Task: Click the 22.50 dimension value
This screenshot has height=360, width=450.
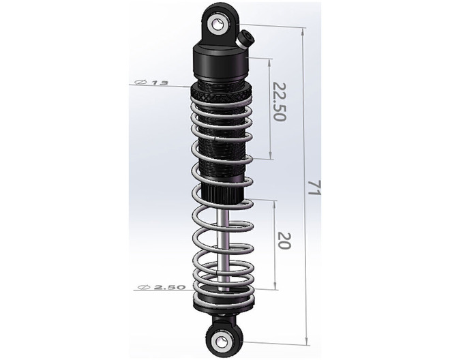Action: [x=278, y=102]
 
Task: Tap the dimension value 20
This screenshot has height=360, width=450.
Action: [x=285, y=241]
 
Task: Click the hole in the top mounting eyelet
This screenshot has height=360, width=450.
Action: [x=218, y=25]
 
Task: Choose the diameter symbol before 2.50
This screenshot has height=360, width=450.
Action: [x=144, y=287]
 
